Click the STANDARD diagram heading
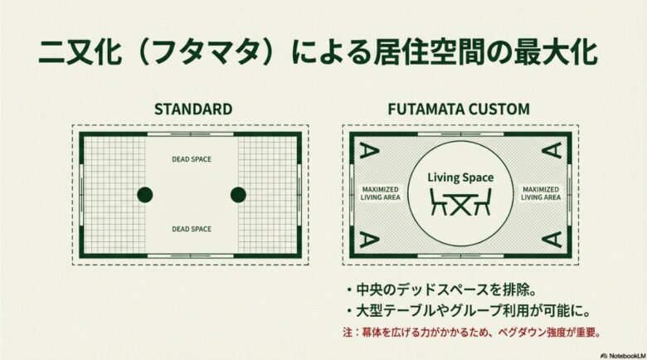coord(192,109)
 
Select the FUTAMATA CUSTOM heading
coord(460,109)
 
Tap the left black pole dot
coord(145,195)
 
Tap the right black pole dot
coord(238,195)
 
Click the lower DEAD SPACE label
coord(192,229)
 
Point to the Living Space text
coord(460,178)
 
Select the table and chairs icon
coord(460,201)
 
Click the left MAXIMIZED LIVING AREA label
coord(380,192)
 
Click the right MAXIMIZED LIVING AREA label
coord(542,192)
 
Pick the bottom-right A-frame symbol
coord(553,240)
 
